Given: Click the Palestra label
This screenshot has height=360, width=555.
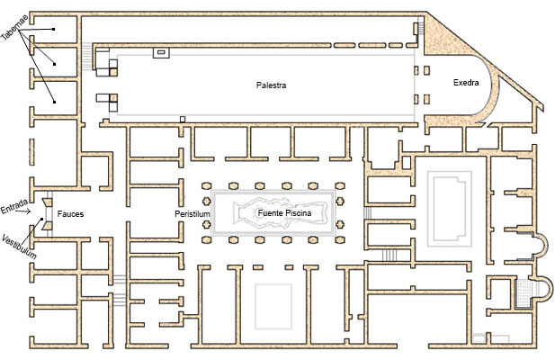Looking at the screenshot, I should [x=271, y=85].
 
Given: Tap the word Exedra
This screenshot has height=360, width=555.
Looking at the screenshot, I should [x=466, y=83].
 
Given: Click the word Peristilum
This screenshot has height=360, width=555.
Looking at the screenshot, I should [x=192, y=214].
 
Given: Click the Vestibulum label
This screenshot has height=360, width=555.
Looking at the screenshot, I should [x=17, y=243].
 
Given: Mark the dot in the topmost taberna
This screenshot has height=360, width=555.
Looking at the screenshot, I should [x=54, y=30].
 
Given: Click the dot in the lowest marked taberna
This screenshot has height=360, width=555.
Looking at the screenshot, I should [x=54, y=102].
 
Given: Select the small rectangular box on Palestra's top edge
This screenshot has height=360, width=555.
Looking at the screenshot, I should [x=161, y=53].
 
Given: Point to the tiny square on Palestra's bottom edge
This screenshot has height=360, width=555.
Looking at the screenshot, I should [x=183, y=118].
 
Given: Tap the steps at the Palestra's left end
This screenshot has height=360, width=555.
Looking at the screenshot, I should [x=86, y=59].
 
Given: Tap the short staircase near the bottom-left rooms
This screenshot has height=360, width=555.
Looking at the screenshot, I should [x=119, y=280].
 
